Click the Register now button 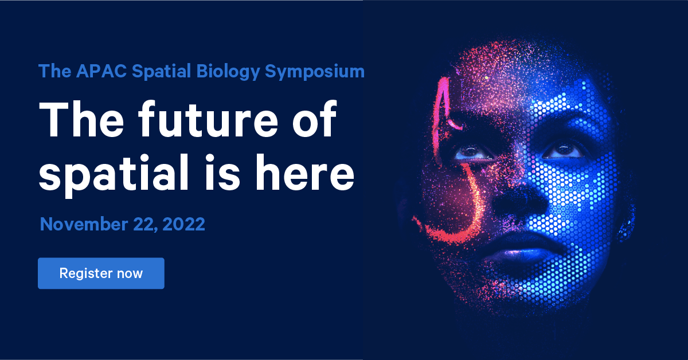(x=101, y=273)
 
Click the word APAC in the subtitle (x=101, y=71)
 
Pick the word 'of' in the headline (x=314, y=119)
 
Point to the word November (x=84, y=224)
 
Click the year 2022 (x=183, y=224)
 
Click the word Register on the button (x=85, y=273)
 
